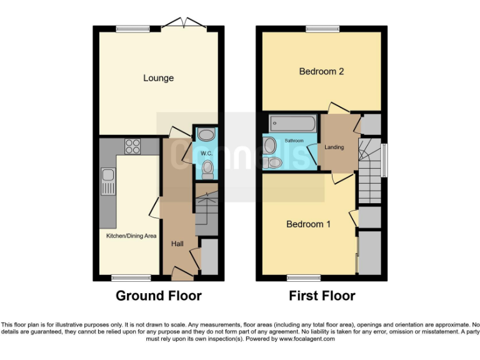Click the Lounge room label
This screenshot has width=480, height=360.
point(158,78)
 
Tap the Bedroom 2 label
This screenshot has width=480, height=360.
point(321,71)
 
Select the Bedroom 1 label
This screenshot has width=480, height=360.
point(309,224)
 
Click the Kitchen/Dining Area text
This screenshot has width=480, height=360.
point(131,236)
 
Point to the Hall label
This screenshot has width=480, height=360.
point(177,244)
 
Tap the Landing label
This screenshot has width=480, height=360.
point(334,147)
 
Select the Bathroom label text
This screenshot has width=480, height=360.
point(294,141)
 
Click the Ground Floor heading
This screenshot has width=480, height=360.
point(158,296)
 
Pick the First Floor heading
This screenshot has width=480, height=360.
point(322,296)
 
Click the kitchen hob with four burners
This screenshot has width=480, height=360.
point(132,146)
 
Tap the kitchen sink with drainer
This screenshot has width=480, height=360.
point(107,182)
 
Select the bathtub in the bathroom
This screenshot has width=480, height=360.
point(292,123)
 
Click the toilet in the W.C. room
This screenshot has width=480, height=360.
point(207,167)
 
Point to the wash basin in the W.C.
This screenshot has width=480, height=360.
point(204,136)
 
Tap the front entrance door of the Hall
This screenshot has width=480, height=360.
point(182,273)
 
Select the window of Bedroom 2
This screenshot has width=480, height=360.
point(322,28)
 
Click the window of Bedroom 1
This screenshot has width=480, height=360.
point(304,277)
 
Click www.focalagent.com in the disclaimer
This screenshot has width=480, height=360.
point(307,339)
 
